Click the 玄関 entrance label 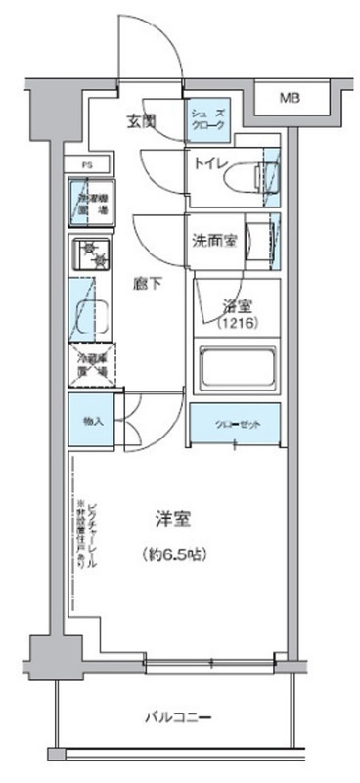[x=143, y=121]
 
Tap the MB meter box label [x=292, y=98]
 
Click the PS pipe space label [x=86, y=165]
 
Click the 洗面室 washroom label [x=212, y=239]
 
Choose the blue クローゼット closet [x=236, y=422]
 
